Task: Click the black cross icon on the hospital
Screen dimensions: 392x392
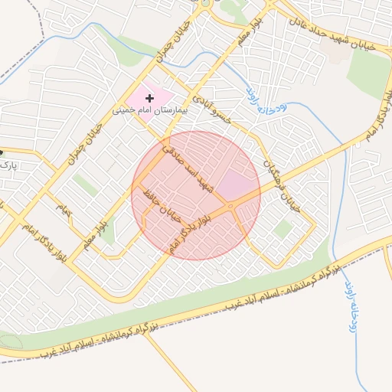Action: pyautogui.click(x=149, y=98)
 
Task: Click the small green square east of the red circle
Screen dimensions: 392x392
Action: pyautogui.click(x=283, y=228)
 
